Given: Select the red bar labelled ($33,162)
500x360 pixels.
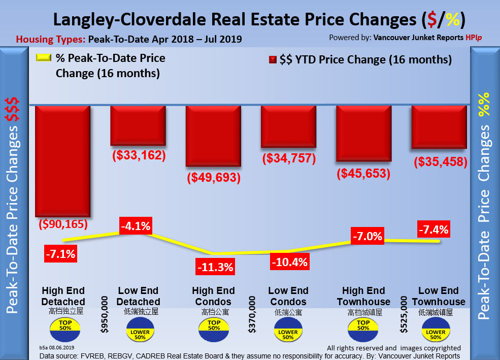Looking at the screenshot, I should coord(139,126).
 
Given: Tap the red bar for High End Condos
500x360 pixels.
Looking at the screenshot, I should coord(213,136).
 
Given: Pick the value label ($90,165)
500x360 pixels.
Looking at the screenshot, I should coord(63,223).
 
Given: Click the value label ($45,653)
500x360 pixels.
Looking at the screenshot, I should coord(363,173).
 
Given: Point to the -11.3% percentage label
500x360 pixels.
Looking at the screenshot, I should coord(215,266).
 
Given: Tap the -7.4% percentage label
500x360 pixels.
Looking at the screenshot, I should coord(433,230).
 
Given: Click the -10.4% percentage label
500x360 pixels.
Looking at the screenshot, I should coord(288,262).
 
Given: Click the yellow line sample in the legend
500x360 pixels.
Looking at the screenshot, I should coord(44,58).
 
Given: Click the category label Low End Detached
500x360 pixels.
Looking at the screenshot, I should coord(139,297).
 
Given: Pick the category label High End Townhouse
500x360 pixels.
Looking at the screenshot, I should coord(363,297).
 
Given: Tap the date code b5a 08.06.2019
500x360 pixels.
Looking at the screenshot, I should coord(57,347).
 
